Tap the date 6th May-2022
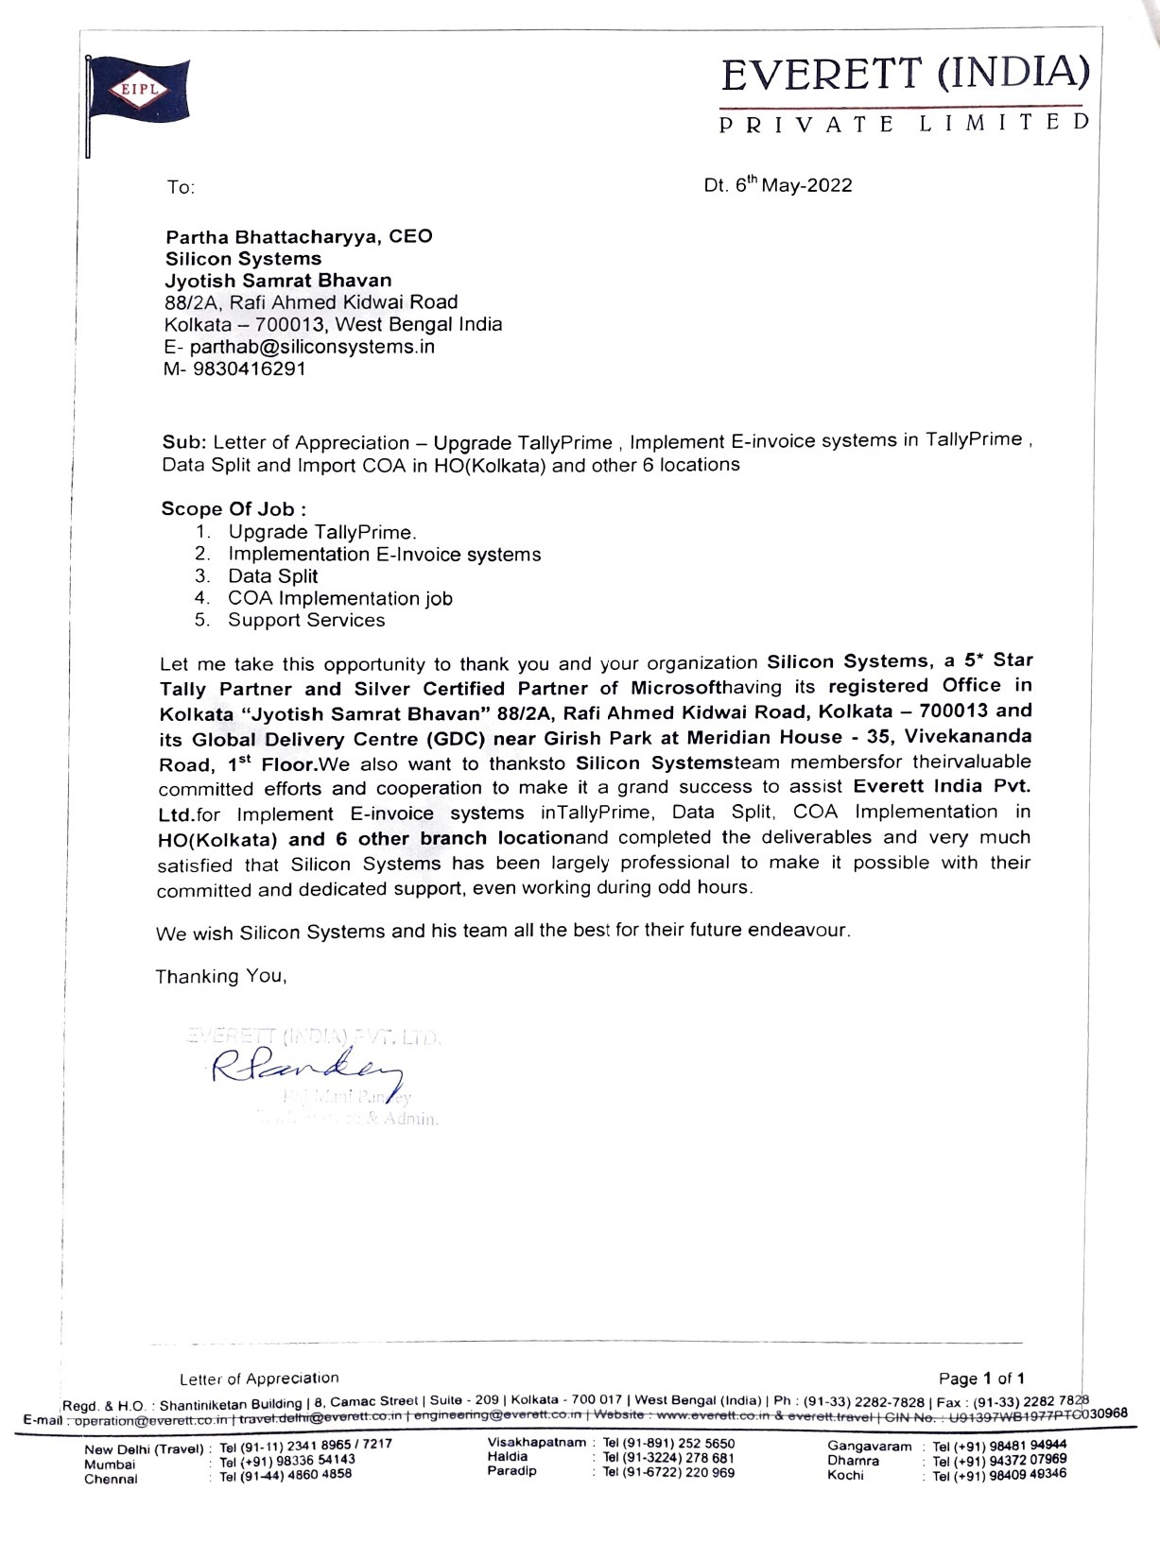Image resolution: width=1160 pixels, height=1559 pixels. point(778,185)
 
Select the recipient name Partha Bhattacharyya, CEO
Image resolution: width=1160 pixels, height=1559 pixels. point(299,236)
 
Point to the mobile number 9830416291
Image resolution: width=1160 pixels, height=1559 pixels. point(249,368)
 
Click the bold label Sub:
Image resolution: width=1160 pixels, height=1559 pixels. point(184,442)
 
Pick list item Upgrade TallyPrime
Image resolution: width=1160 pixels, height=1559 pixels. point(321,532)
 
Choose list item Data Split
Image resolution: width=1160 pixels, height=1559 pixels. point(272,576)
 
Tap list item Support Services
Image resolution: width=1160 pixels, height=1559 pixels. point(306,620)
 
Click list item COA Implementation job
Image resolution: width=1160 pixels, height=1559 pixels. point(340,598)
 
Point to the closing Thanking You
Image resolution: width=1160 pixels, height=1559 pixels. point(220,976)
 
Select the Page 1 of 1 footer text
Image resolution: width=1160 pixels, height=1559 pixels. point(981,1379)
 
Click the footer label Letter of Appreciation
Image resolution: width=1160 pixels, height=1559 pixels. point(259,1379)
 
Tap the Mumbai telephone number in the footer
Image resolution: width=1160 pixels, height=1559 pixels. point(287,1460)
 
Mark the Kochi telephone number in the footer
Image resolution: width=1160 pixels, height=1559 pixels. point(1000,1474)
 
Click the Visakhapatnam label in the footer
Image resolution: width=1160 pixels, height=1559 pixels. point(537,1443)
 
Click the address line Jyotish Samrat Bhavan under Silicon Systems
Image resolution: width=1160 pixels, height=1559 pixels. point(278,281)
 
